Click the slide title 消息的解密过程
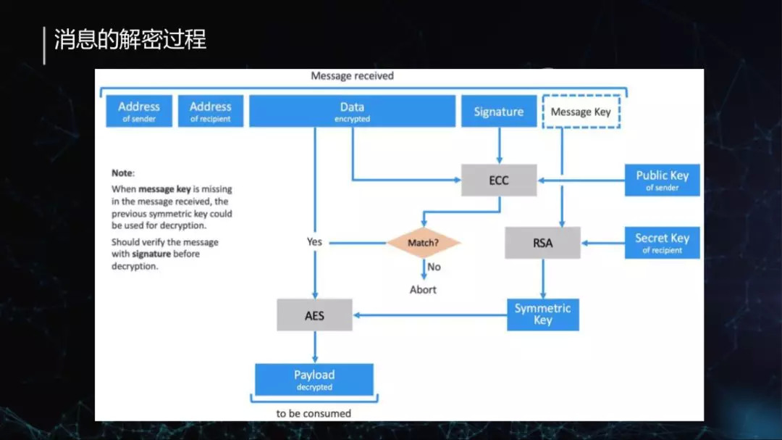[130, 40]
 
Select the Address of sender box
[139, 111]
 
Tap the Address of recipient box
[211, 111]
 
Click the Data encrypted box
[352, 111]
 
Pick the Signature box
[498, 112]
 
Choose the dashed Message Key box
[581, 112]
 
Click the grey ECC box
[499, 180]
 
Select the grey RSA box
[542, 244]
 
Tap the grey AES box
[314, 316]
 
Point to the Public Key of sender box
[662, 180]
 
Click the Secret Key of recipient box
[662, 243]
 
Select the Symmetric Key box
[542, 315]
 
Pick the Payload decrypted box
[314, 379]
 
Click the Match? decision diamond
[424, 243]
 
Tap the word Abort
[424, 289]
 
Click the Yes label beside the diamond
[314, 241]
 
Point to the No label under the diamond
[434, 267]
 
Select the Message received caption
[352, 75]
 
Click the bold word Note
[122, 173]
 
